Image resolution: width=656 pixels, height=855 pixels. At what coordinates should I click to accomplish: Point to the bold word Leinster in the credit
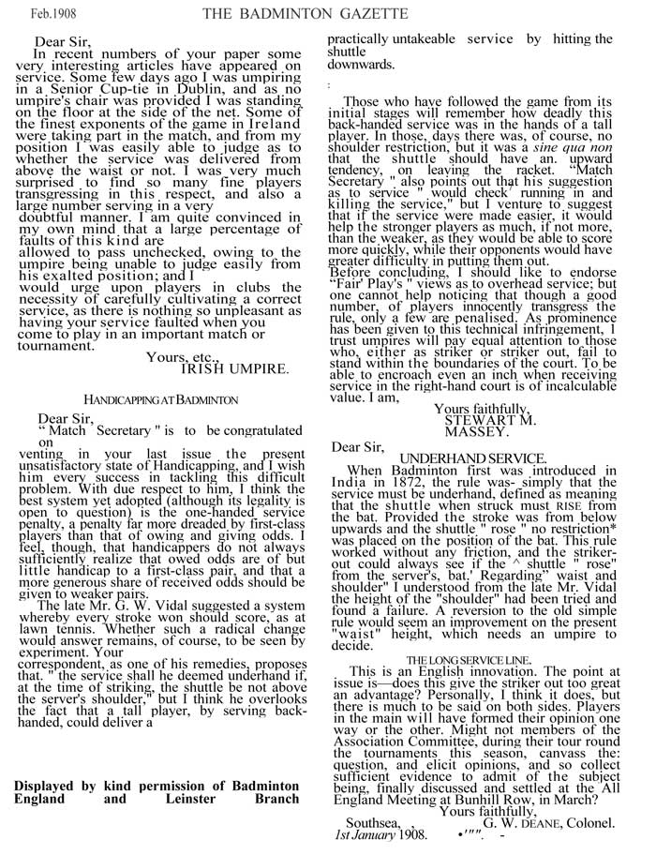[x=174, y=799]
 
